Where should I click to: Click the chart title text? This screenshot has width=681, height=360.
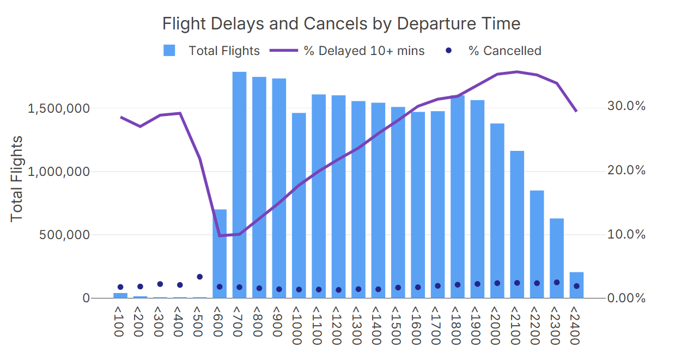pyautogui.click(x=341, y=24)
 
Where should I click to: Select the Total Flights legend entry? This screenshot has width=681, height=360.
pyautogui.click(x=212, y=51)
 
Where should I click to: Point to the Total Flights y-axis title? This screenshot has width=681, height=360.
pyautogui.click(x=17, y=178)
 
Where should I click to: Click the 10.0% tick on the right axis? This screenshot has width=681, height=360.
pyautogui.click(x=626, y=234)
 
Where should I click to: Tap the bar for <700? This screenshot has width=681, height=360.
pyautogui.click(x=239, y=185)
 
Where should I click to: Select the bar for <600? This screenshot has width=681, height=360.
pyautogui.click(x=220, y=254)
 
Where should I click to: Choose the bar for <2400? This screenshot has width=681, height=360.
pyautogui.click(x=576, y=285)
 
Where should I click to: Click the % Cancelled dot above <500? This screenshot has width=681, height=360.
pyautogui.click(x=199, y=277)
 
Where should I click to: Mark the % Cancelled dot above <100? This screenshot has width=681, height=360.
pyautogui.click(x=120, y=287)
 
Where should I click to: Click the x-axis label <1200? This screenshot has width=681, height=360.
pyautogui.click(x=338, y=325)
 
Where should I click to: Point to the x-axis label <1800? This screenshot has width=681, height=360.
pyautogui.click(x=457, y=325)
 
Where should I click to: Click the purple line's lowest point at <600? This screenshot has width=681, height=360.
pyautogui.click(x=220, y=236)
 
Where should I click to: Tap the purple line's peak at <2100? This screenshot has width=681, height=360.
pyautogui.click(x=517, y=72)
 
